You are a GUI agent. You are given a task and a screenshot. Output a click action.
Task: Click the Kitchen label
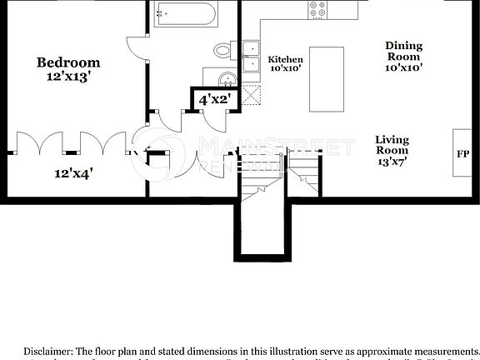pyautogui.click(x=285, y=60)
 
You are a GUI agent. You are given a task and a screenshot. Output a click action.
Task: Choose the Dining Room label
pyautogui.click(x=403, y=52)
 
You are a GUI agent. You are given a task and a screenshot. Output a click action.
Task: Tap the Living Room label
pyautogui.click(x=392, y=146)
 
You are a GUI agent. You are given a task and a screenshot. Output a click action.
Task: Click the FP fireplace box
pyautogui.click(x=462, y=154)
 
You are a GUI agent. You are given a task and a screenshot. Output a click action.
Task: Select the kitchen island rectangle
pyautogui.click(x=327, y=79)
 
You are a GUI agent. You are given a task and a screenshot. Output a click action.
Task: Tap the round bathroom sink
pyautogui.click(x=226, y=80)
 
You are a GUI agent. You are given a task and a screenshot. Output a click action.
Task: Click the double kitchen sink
pyautogui.click(x=251, y=55)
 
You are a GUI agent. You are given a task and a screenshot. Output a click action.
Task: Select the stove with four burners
pyautogui.click(x=318, y=9)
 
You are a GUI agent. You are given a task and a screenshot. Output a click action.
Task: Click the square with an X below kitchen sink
pyautogui.click(x=251, y=98)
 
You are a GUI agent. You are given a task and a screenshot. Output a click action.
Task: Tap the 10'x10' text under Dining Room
pyautogui.click(x=403, y=69)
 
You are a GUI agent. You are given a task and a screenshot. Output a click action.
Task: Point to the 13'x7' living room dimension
pyautogui.click(x=392, y=163)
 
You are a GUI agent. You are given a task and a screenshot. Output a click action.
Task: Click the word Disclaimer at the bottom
pyautogui.click(x=49, y=352)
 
